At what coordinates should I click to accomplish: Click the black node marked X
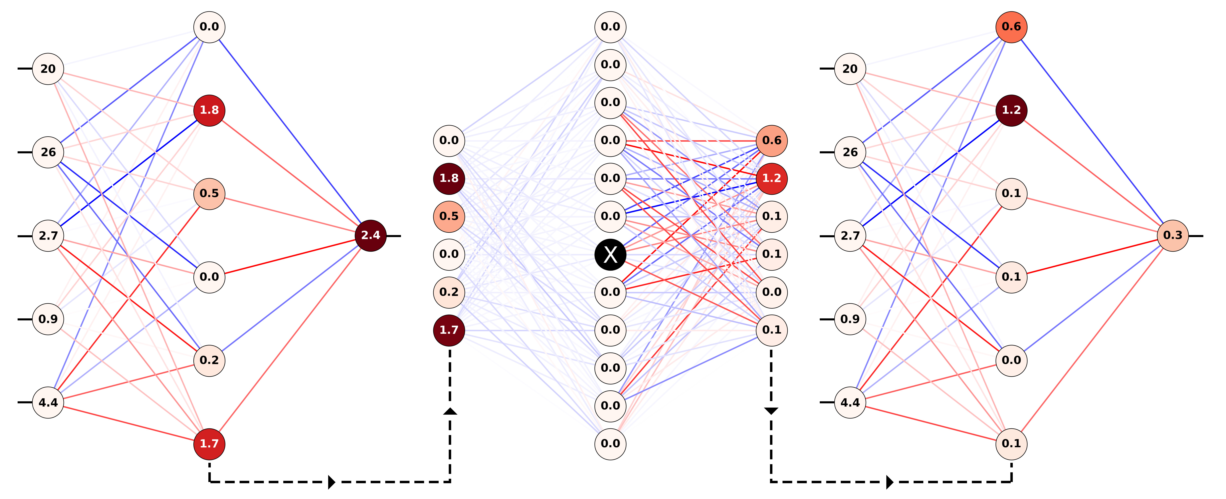[x=610, y=254]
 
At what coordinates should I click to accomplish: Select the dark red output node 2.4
[x=370, y=235]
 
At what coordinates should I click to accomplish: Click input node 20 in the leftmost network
[x=48, y=69]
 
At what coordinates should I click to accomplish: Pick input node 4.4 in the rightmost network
[x=850, y=403]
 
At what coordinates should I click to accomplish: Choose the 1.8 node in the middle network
[x=449, y=178]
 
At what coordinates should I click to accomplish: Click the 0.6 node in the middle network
[x=771, y=140]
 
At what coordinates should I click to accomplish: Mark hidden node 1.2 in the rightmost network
[x=1011, y=110]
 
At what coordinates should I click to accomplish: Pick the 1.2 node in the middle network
[x=771, y=178]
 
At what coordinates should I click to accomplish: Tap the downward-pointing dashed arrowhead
[x=771, y=411]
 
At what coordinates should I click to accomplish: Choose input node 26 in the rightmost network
[x=850, y=152]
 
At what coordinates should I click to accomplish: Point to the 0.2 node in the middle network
[x=449, y=292]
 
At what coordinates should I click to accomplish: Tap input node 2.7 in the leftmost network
[x=48, y=235]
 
